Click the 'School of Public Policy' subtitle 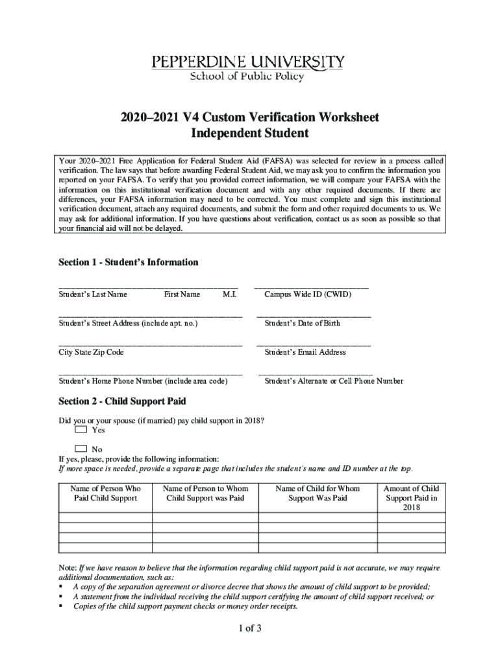point(247,77)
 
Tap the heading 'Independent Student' point(249,134)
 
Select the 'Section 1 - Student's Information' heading point(129,262)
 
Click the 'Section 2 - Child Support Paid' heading point(122,401)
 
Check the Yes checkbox point(81,429)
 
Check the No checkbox point(81,449)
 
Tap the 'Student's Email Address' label point(305,352)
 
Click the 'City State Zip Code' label point(91,352)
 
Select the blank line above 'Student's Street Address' point(150,316)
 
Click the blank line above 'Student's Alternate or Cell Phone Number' point(315,374)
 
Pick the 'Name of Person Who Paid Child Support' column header point(105,493)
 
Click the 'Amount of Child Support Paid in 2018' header point(412,498)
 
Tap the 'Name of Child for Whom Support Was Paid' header point(318,493)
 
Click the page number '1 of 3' point(249,628)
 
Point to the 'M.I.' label point(229,294)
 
